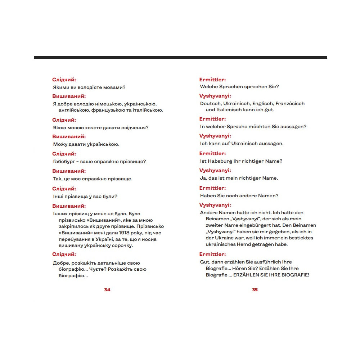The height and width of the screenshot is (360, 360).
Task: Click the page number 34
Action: point(107,290)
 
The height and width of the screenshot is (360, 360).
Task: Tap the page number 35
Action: point(255,290)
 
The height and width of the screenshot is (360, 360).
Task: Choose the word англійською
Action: point(72,110)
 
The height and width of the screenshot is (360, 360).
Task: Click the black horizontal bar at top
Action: point(180,57)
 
